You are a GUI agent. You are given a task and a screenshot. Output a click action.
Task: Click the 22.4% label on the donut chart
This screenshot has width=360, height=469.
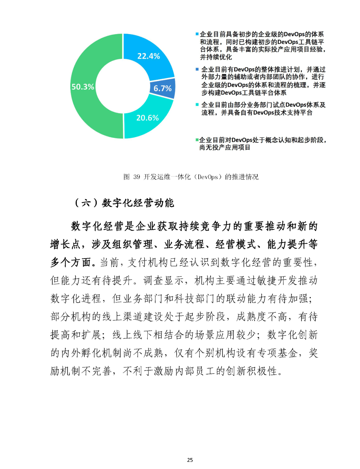149,56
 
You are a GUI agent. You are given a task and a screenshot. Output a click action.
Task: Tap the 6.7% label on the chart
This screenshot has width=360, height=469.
162,88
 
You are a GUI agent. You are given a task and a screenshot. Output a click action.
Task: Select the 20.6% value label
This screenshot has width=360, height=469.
147,118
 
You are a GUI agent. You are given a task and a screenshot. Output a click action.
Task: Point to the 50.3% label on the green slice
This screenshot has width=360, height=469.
83,87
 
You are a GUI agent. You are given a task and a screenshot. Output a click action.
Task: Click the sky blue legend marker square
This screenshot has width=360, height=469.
197,34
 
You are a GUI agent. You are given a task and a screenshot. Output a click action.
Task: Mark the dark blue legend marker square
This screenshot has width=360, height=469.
197,69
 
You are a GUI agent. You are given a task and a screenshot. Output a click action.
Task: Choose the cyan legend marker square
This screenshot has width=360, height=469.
197,105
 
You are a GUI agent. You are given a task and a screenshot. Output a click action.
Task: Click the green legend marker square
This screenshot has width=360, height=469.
197,140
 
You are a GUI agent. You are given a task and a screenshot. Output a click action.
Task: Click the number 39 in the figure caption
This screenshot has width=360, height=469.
137,177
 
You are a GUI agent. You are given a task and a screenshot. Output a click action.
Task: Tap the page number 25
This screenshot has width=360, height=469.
190,460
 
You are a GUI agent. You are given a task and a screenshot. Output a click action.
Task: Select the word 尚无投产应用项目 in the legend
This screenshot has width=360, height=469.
225,147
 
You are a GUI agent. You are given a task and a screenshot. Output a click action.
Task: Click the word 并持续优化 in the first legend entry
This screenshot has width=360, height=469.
216,57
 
